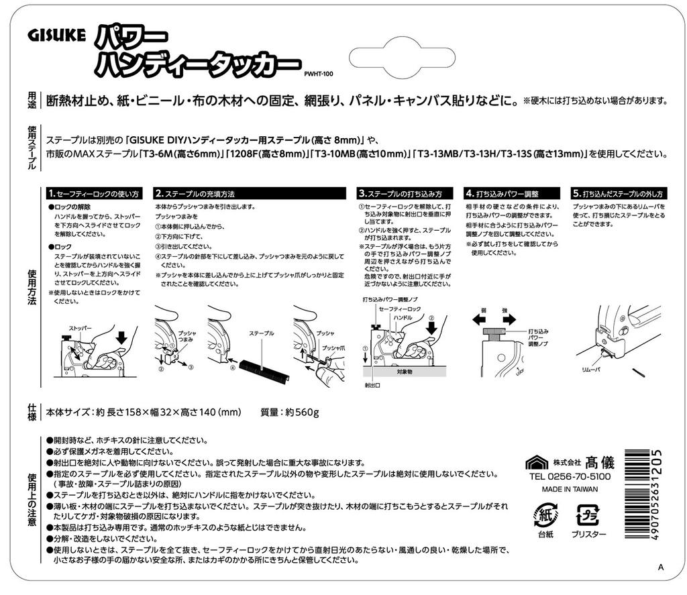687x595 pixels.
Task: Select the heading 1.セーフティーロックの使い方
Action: pyautogui.click(x=93, y=193)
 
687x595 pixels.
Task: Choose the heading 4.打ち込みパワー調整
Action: pyautogui.click(x=503, y=193)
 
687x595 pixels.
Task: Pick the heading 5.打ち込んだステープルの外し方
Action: pyautogui.click(x=618, y=193)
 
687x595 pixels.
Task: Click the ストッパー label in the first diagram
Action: pyautogui.click(x=80, y=329)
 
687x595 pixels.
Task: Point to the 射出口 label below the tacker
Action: pyautogui.click(x=372, y=386)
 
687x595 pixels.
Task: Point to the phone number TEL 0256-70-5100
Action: pyautogui.click(x=570, y=476)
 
